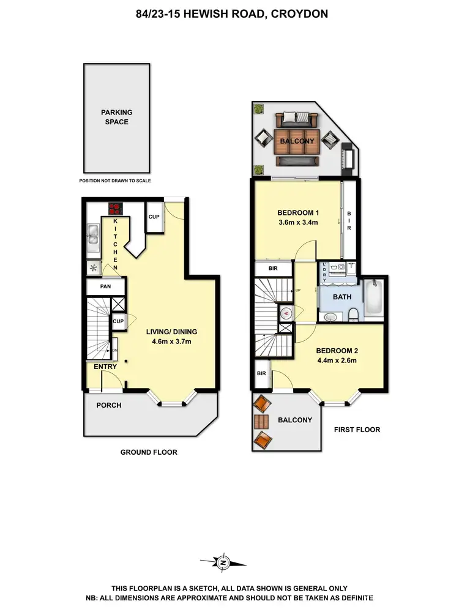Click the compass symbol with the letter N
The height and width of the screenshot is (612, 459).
(223, 562)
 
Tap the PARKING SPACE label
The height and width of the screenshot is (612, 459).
(116, 117)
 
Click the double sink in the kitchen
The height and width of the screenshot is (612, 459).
(93, 238)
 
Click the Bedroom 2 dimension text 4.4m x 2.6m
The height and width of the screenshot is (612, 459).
(336, 360)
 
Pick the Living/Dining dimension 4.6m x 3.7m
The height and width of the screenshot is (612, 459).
(171, 341)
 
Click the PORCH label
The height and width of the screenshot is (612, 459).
(109, 405)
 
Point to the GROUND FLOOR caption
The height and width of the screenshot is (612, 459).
(149, 452)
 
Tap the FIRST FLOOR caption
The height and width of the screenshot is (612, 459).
(357, 430)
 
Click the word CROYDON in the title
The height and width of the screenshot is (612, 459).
(301, 13)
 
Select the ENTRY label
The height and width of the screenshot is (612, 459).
(105, 367)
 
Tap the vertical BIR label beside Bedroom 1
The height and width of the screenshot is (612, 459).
(349, 220)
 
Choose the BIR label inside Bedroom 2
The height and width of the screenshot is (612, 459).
(261, 373)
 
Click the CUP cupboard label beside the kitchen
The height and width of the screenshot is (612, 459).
(154, 217)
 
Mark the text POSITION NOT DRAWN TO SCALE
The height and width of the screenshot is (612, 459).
(115, 181)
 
